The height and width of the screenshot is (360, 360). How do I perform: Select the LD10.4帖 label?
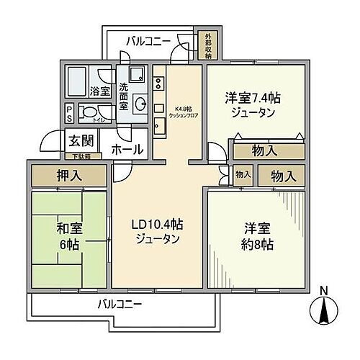tap(157, 232)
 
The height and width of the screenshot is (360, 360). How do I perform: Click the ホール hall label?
tap(127, 150)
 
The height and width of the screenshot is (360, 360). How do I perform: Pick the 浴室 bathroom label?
tap(100, 92)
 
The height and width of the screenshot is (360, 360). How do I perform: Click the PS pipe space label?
tap(69, 113)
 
